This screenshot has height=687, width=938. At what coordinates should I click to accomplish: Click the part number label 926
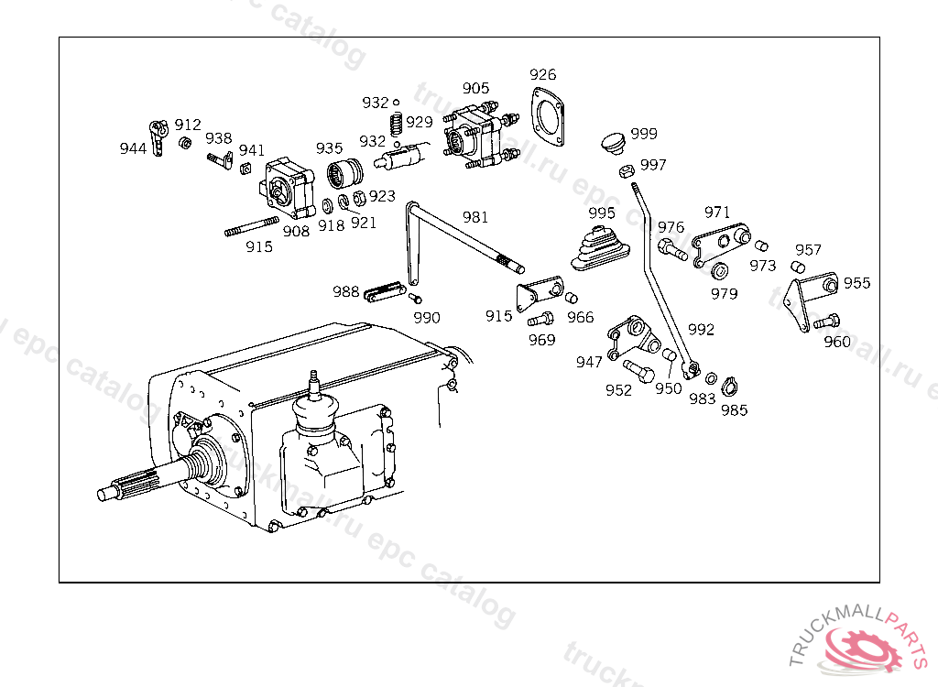[x=542, y=75]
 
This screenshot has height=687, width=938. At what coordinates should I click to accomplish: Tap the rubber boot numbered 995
[x=600, y=248]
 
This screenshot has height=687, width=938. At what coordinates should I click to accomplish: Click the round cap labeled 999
[x=613, y=143]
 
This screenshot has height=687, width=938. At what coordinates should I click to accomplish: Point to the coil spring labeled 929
[x=396, y=124]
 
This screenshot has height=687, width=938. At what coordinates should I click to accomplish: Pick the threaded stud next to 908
[x=252, y=227]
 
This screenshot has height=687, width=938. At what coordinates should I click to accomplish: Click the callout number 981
[x=475, y=217]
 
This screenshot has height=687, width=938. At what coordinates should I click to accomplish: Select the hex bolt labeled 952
[x=638, y=371]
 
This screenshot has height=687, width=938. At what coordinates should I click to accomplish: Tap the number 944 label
[x=133, y=148]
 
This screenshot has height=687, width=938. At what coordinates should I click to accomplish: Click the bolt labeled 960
[x=826, y=322]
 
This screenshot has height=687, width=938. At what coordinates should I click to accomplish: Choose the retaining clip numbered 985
[x=728, y=387]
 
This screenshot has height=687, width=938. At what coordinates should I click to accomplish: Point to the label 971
[x=716, y=213]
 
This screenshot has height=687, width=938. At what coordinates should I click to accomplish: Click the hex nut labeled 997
[x=627, y=171]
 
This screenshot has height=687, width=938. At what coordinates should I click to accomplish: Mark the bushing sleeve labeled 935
[x=344, y=173]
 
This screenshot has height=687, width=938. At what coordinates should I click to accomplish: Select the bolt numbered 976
[x=672, y=249]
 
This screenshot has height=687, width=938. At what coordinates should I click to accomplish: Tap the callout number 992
[x=701, y=330]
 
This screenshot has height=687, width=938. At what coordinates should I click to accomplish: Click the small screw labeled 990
[x=415, y=298]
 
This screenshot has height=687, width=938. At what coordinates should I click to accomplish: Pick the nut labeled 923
[x=359, y=198]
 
